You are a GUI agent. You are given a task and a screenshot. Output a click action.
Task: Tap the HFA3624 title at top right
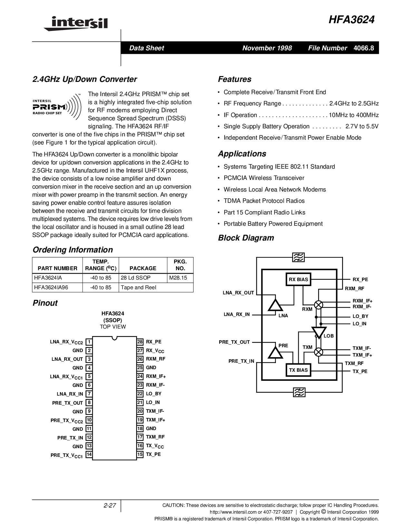coord(352,20)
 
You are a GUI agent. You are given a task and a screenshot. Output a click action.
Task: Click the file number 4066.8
coord(364,48)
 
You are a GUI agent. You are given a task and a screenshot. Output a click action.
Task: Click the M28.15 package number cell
coord(178,278)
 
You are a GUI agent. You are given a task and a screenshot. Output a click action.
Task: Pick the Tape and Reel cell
coord(138,287)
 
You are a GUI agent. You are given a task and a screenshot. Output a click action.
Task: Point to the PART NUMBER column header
coord(57,268)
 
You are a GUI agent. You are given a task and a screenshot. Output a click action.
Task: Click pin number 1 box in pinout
coord(89,342)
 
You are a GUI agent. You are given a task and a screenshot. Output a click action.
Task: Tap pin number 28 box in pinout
coord(140,342)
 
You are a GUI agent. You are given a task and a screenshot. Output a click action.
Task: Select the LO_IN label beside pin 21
coord(153,402)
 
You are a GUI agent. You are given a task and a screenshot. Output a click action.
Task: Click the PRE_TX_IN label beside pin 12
coord(70,438)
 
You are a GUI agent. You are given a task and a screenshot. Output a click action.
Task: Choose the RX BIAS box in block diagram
coord(298,280)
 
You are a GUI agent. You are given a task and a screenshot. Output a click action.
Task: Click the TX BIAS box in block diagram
coord(298,370)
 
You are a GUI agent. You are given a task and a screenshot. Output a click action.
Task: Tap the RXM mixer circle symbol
coord(318,305)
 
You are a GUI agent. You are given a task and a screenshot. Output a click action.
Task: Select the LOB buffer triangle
coord(318,332)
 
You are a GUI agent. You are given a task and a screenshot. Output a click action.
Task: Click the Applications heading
coord(242,154)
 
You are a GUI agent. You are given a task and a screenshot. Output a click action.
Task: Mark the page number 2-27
coord(110,506)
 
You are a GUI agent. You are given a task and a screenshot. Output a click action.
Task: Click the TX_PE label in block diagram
coord(360,371)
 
